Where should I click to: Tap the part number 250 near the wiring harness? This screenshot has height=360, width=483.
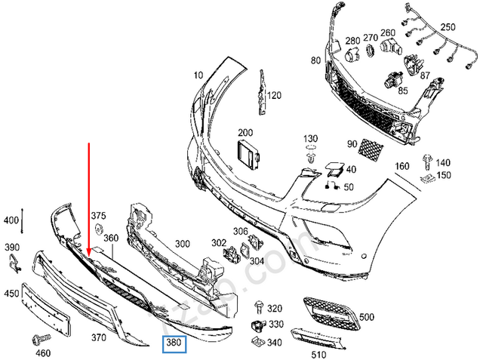coord(448,27)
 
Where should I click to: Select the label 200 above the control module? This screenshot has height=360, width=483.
coord(245,131)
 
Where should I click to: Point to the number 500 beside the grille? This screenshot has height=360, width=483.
coord(368,317)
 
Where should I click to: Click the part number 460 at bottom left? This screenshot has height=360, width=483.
coord(44,352)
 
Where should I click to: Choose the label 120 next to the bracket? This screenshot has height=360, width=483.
coord(274,95)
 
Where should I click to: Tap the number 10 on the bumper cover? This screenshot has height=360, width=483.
coord(198,75)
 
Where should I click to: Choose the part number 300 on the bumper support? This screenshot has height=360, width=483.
coord(182,244)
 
